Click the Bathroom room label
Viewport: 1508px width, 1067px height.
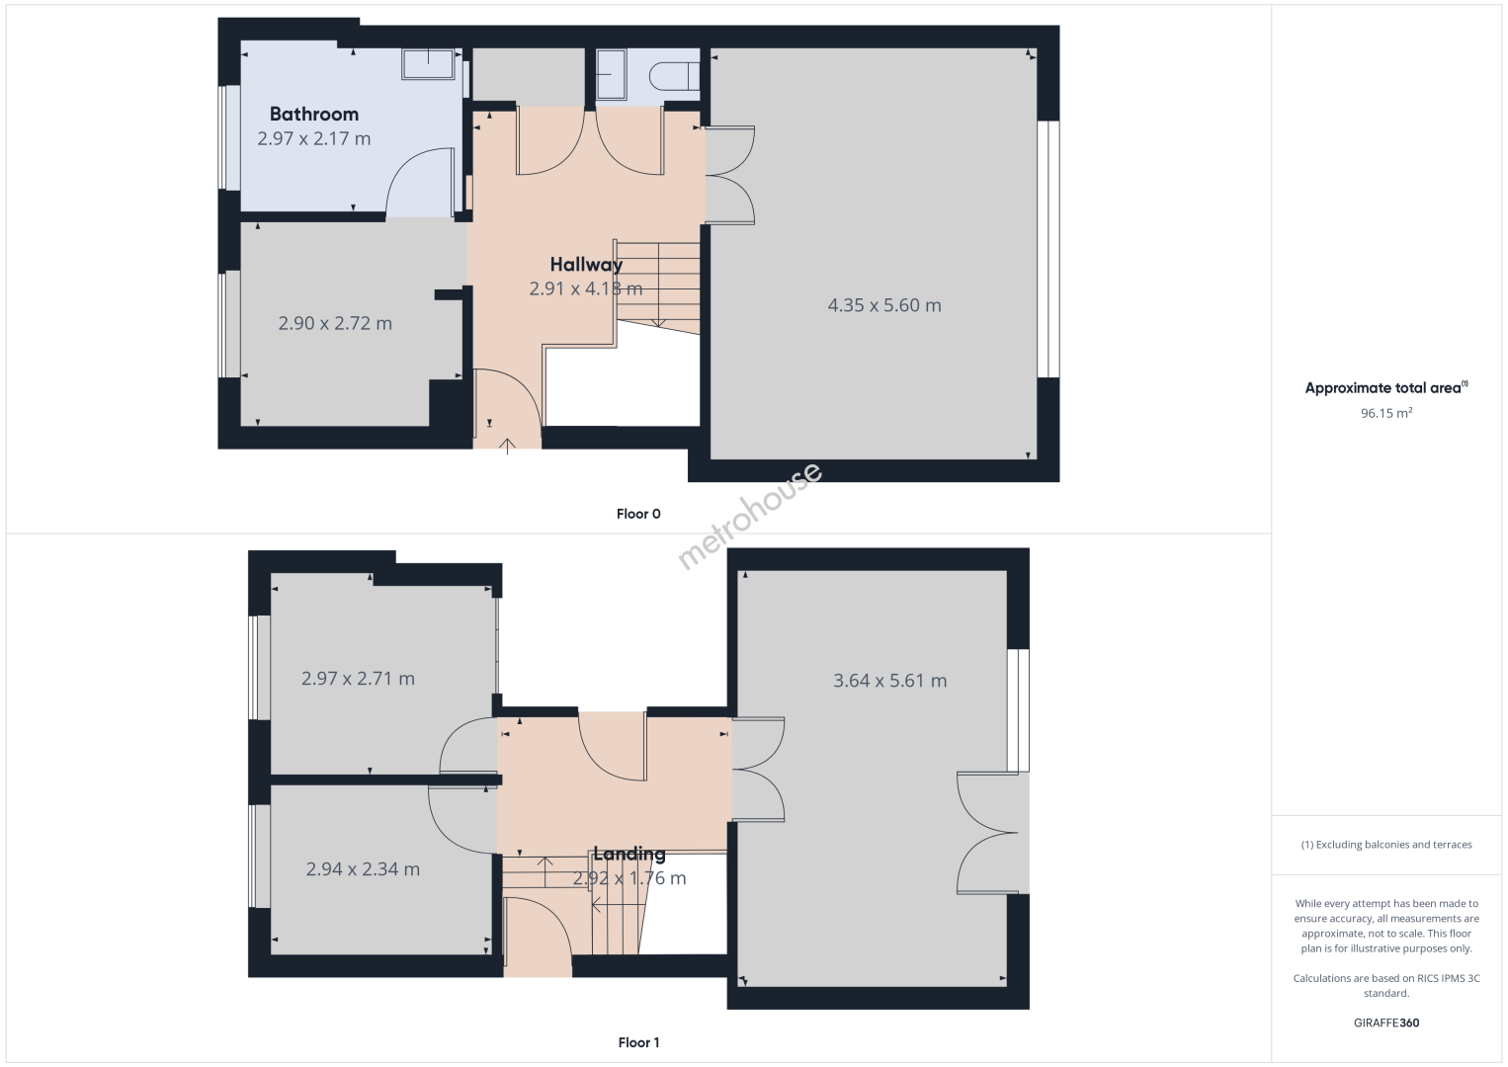click(x=313, y=115)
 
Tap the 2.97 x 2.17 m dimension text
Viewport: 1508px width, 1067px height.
click(x=313, y=138)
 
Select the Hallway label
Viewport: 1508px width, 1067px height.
click(x=586, y=265)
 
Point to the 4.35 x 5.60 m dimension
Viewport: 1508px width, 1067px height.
click(x=883, y=305)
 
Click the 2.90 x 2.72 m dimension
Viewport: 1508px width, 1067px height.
click(x=335, y=324)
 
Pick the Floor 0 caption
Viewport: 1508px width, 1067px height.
click(x=638, y=514)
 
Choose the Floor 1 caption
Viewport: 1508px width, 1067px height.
click(x=638, y=1042)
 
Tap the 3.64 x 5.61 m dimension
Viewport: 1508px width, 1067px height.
click(x=890, y=681)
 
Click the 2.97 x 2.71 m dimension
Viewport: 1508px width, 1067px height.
click(x=358, y=679)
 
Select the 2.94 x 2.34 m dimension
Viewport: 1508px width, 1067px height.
click(x=363, y=869)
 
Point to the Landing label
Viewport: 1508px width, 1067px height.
click(x=629, y=854)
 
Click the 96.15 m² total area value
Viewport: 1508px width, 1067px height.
click(x=1386, y=413)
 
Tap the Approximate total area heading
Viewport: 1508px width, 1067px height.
click(x=1386, y=387)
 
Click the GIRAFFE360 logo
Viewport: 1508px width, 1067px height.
click(x=1386, y=1023)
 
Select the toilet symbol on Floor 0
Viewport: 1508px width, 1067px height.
click(x=675, y=76)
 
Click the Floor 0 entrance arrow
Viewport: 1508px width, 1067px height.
click(x=507, y=447)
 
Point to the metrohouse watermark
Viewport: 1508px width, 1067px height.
click(x=749, y=517)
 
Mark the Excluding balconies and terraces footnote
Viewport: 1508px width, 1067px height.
click(x=1386, y=844)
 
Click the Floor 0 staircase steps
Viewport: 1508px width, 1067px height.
click(x=658, y=287)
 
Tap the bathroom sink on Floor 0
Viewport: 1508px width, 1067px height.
click(x=428, y=64)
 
